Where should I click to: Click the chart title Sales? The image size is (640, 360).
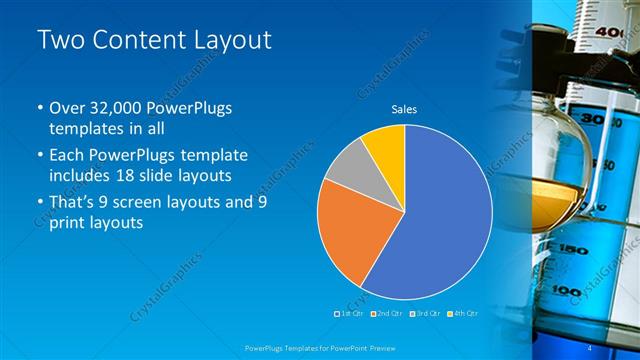(x=404, y=110)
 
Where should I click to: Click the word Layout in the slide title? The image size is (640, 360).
(x=228, y=40)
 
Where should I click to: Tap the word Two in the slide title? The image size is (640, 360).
(x=61, y=40)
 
